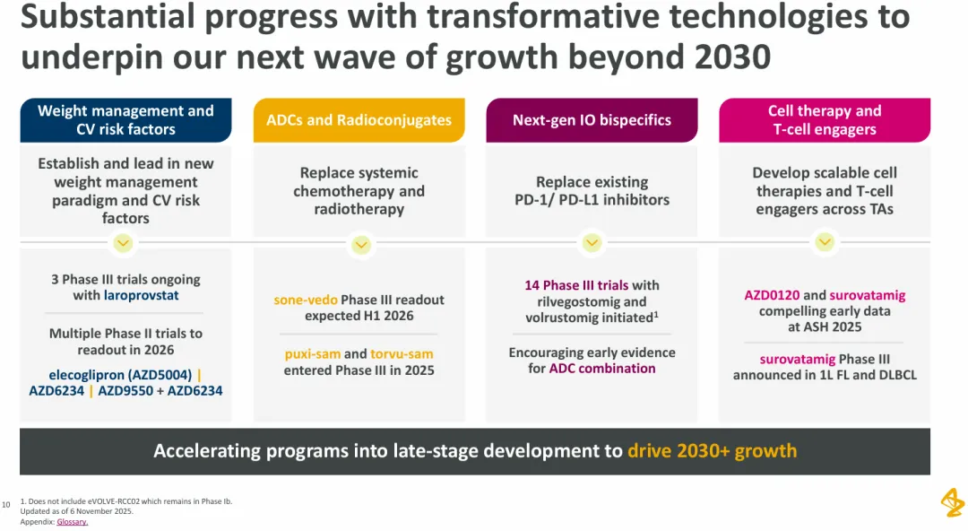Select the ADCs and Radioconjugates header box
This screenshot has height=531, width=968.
pos(359,120)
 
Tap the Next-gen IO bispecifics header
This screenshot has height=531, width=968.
pos(592,120)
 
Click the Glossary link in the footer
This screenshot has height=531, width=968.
pos(73,522)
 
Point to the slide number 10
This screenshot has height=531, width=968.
pos(6,505)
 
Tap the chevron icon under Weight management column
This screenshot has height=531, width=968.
pos(124,242)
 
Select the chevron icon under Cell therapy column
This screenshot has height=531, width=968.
pos(825,242)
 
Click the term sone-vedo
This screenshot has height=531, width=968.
pos(306,300)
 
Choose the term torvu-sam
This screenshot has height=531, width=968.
pos(402,353)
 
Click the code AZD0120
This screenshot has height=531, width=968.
pos(772,294)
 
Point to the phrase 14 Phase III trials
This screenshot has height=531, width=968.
pos(577,285)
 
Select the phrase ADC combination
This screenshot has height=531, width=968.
pos(602,368)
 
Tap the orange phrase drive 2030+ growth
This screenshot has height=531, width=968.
pos(712,450)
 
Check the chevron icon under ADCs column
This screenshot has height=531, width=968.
pos(360,243)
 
